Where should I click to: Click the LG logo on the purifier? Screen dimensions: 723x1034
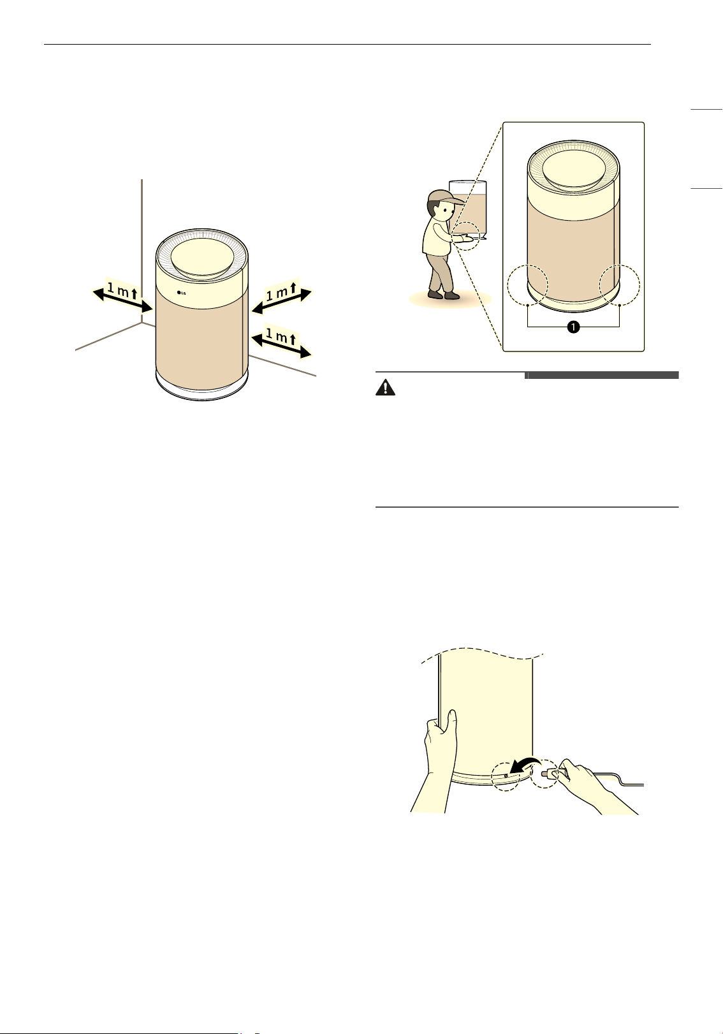181,292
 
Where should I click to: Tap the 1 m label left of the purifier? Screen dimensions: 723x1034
122,292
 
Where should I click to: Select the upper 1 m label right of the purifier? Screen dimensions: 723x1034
281,292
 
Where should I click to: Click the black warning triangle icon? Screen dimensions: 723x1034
385,387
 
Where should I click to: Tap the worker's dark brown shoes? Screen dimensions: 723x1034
443,295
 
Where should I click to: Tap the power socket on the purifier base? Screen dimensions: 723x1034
506,776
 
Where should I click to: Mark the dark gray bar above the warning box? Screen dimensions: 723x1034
602,375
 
